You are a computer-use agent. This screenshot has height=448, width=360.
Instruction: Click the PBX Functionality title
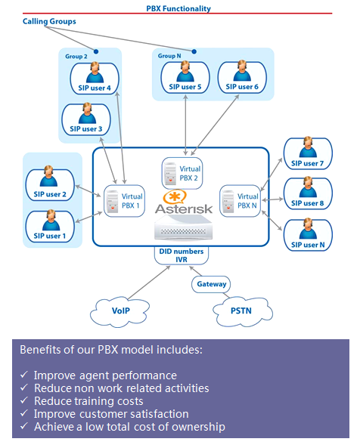pyautogui.click(x=178, y=8)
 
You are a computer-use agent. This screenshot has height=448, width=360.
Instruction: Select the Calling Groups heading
pyautogui.click(x=49, y=21)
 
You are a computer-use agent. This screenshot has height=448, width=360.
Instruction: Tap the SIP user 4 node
pyautogui.click(x=95, y=79)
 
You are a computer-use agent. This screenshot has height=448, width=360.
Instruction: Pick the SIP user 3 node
pyautogui.click(x=86, y=119)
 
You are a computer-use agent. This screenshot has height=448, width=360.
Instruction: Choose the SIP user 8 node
pyautogui.click(x=308, y=193)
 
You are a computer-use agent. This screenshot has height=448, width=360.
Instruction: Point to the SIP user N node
pyautogui.click(x=308, y=235)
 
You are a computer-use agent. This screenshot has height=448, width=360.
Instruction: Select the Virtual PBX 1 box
pyautogui.click(x=124, y=201)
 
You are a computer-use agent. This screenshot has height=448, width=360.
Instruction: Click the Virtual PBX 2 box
pyautogui.click(x=182, y=173)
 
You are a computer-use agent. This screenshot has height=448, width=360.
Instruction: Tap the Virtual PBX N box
pyautogui.click(x=241, y=201)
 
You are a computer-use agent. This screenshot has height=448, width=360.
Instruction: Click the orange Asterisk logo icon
pyautogui.click(x=175, y=197)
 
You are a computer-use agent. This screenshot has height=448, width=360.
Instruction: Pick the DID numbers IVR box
pyautogui.click(x=182, y=255)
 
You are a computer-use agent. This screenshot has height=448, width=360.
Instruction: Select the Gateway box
pyautogui.click(x=211, y=284)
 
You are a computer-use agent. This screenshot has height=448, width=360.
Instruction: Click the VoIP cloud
pyautogui.click(x=119, y=312)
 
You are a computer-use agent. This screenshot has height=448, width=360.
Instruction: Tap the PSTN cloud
pyautogui.click(x=243, y=311)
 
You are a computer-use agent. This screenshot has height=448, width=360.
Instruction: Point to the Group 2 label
pyautogui.click(x=76, y=57)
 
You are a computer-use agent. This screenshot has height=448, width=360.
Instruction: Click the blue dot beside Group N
pyautogui.click(x=194, y=51)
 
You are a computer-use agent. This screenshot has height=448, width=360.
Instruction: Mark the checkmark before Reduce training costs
pyautogui.click(x=24, y=400)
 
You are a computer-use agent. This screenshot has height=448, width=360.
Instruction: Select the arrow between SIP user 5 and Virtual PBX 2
pyautogui.click(x=186, y=125)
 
